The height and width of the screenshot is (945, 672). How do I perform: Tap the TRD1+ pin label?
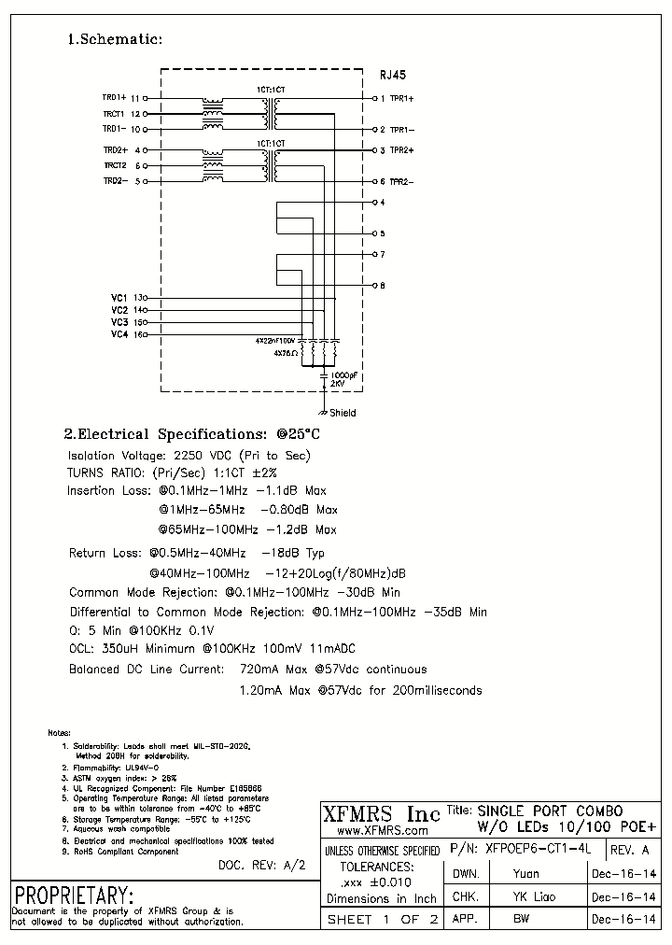tap(114, 97)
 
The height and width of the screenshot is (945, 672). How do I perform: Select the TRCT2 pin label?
tap(114, 165)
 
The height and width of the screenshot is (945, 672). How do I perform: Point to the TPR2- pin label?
tap(402, 181)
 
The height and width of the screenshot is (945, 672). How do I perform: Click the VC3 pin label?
tap(119, 322)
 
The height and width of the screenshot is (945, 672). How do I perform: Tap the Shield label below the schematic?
tap(343, 413)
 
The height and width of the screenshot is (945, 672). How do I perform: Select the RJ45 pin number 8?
tap(382, 285)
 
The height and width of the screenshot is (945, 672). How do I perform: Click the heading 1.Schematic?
tap(116, 39)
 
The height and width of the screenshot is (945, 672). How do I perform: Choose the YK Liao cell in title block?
tap(534, 896)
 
